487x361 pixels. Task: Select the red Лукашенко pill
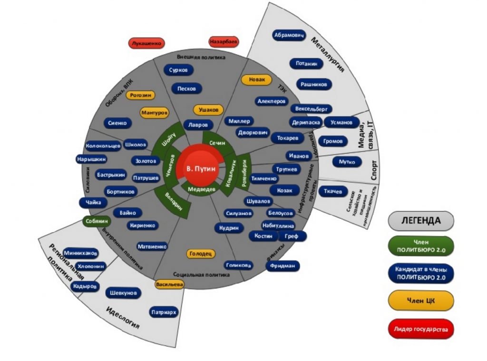pyautogui.click(x=146, y=43)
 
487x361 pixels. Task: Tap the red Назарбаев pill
pyautogui.click(x=224, y=42)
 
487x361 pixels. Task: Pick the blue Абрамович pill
pyautogui.click(x=289, y=36)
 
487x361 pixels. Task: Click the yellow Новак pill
pyautogui.click(x=256, y=79)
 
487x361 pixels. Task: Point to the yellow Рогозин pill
pyautogui.click(x=140, y=95)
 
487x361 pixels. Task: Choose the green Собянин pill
pyautogui.click(x=97, y=221)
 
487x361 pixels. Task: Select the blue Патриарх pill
pyautogui.click(x=164, y=312)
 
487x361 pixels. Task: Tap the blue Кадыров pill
pyautogui.click(x=85, y=287)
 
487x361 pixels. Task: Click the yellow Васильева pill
pyautogui.click(x=169, y=284)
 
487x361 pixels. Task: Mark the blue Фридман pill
pyautogui.click(x=283, y=265)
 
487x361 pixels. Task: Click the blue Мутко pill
pyautogui.click(x=347, y=162)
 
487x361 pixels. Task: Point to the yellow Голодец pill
pyautogui.click(x=201, y=254)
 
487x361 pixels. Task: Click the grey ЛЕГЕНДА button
pyautogui.click(x=421, y=221)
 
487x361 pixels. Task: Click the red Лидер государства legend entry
pyautogui.click(x=421, y=329)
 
